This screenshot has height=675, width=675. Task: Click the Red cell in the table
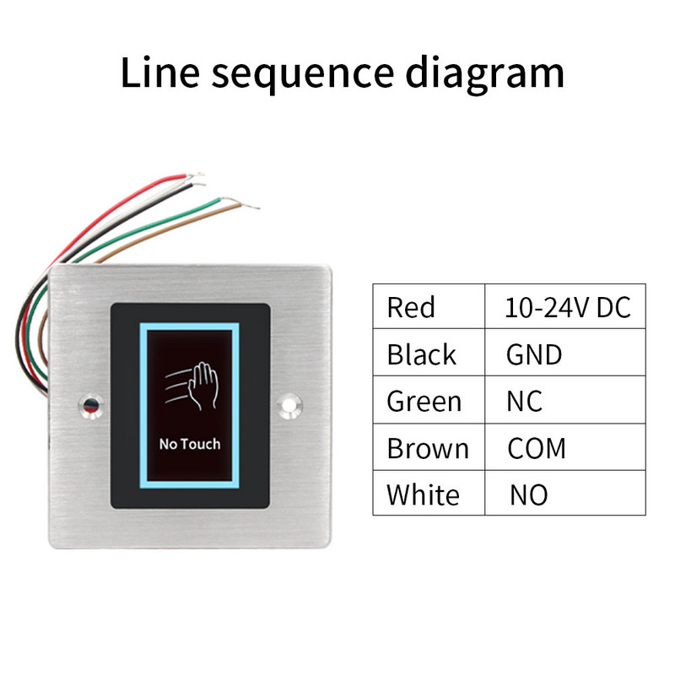click(411, 307)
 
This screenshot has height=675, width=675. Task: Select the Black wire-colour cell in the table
click(421, 354)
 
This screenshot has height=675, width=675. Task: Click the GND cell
click(533, 354)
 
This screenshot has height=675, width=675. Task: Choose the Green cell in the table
click(424, 402)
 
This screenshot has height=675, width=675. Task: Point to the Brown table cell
click(427, 448)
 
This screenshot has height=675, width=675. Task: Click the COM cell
click(537, 448)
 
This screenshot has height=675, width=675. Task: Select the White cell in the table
click(423, 494)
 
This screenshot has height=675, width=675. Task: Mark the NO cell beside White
click(528, 494)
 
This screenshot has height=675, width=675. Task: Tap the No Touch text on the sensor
click(189, 443)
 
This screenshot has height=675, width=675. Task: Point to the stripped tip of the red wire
click(196, 175)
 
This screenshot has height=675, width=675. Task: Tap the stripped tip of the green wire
click(233, 199)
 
